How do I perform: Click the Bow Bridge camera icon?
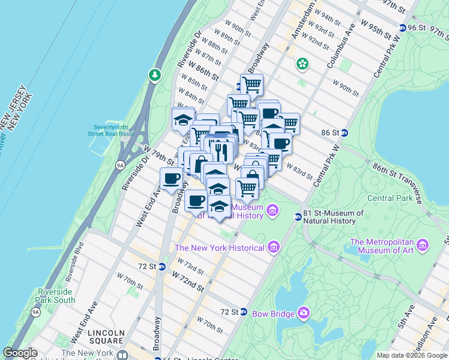pyautogui.click(x=304, y=313)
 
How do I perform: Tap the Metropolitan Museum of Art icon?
pyautogui.click(x=424, y=245)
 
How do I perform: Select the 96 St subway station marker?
pyautogui.click(x=402, y=28)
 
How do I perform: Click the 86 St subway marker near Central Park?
pyautogui.click(x=354, y=133)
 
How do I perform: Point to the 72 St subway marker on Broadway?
pyautogui.click(x=161, y=266)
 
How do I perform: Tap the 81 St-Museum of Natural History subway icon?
pyautogui.click(x=298, y=217)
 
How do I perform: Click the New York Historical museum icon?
pyautogui.click(x=274, y=247)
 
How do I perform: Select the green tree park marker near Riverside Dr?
pyautogui.click(x=155, y=75)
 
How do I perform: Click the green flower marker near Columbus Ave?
pyautogui.click(x=303, y=63)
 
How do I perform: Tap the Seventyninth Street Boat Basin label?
pyautogui.click(x=113, y=130)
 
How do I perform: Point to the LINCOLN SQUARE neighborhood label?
pyautogui.click(x=106, y=337)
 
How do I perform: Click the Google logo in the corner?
pyautogui.click(x=20, y=353)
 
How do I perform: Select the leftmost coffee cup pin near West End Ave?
pyautogui.click(x=172, y=178)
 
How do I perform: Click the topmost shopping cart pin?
pyautogui.click(x=252, y=85)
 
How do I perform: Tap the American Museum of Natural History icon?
pyautogui.click(x=273, y=210)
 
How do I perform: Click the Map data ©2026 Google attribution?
pyautogui.click(x=412, y=355)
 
